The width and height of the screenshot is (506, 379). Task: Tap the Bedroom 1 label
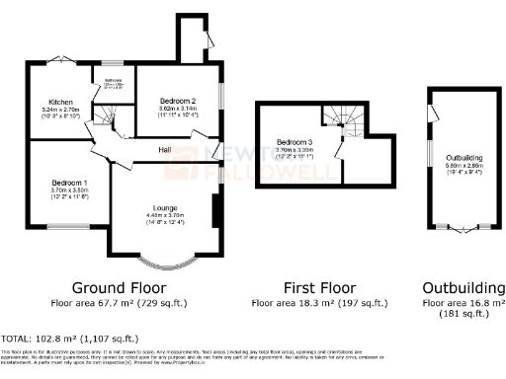pos(70,183)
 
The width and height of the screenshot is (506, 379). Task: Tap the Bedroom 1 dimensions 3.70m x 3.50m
pos(70,191)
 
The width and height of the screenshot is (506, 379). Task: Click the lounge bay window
pos(163,264)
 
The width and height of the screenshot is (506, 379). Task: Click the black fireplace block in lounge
pos(214,210)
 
